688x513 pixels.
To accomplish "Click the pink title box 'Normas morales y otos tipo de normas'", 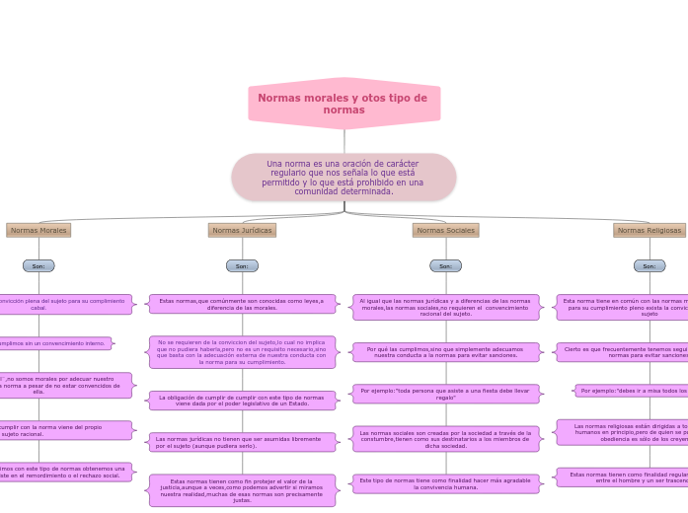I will (x=344, y=104).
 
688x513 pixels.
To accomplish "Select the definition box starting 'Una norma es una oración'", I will (x=344, y=178).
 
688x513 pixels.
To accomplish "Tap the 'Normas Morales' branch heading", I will (x=38, y=230).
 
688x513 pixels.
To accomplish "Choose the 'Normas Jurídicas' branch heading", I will (x=242, y=230).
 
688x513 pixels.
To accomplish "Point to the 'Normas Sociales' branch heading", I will (x=445, y=230).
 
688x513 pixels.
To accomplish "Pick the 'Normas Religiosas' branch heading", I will (x=649, y=230).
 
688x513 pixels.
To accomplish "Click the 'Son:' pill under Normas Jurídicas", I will (x=242, y=265).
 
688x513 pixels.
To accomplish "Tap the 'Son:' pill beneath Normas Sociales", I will (x=445, y=265).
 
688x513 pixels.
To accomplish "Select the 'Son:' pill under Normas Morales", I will (x=38, y=265).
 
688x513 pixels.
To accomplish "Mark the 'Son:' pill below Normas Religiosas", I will (x=649, y=265).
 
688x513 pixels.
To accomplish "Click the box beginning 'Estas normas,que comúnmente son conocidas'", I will (x=242, y=304).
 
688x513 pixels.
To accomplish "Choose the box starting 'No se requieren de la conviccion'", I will (x=242, y=352).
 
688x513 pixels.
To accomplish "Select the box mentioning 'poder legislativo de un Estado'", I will (x=242, y=400).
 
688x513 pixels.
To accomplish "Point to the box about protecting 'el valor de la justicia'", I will (x=242, y=490).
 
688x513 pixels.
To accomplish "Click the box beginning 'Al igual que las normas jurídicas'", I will (x=445, y=307).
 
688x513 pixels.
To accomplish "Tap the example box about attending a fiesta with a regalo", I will (x=445, y=394).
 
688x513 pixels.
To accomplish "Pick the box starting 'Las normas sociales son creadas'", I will (x=445, y=439).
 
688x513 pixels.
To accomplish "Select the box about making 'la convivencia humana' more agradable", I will (x=445, y=483).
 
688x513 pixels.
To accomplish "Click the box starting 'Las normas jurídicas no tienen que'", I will (x=242, y=442).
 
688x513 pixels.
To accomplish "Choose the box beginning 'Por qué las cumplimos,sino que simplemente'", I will (x=445, y=352).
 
